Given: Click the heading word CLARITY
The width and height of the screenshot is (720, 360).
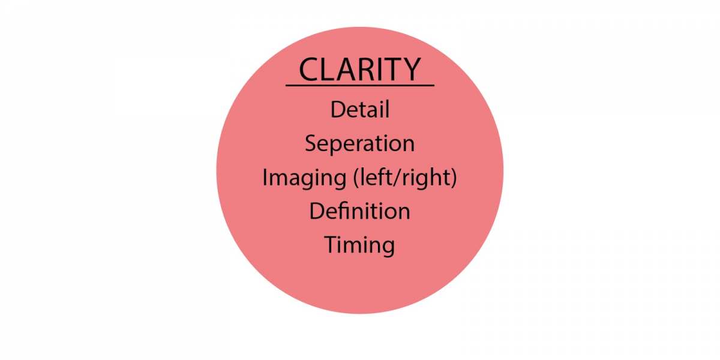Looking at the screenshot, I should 360,69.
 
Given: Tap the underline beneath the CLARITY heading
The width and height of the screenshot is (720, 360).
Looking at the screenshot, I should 360,85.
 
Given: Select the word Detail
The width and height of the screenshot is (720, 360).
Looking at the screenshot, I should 360,110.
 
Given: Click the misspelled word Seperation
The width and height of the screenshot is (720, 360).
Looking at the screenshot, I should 360,144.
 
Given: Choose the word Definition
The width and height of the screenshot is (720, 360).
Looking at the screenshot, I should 360,211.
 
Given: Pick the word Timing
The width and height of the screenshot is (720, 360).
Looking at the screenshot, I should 360,245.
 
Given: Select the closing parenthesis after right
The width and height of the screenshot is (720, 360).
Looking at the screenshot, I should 453,178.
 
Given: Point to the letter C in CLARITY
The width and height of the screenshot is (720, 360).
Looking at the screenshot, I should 309,70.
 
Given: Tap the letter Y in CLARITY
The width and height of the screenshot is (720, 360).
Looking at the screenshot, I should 410,69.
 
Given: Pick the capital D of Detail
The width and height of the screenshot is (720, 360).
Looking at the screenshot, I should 337,110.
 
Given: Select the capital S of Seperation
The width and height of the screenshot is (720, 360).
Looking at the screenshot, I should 312,144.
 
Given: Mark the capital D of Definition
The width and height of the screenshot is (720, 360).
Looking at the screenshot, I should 317,211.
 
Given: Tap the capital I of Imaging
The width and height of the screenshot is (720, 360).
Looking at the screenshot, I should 265,178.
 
